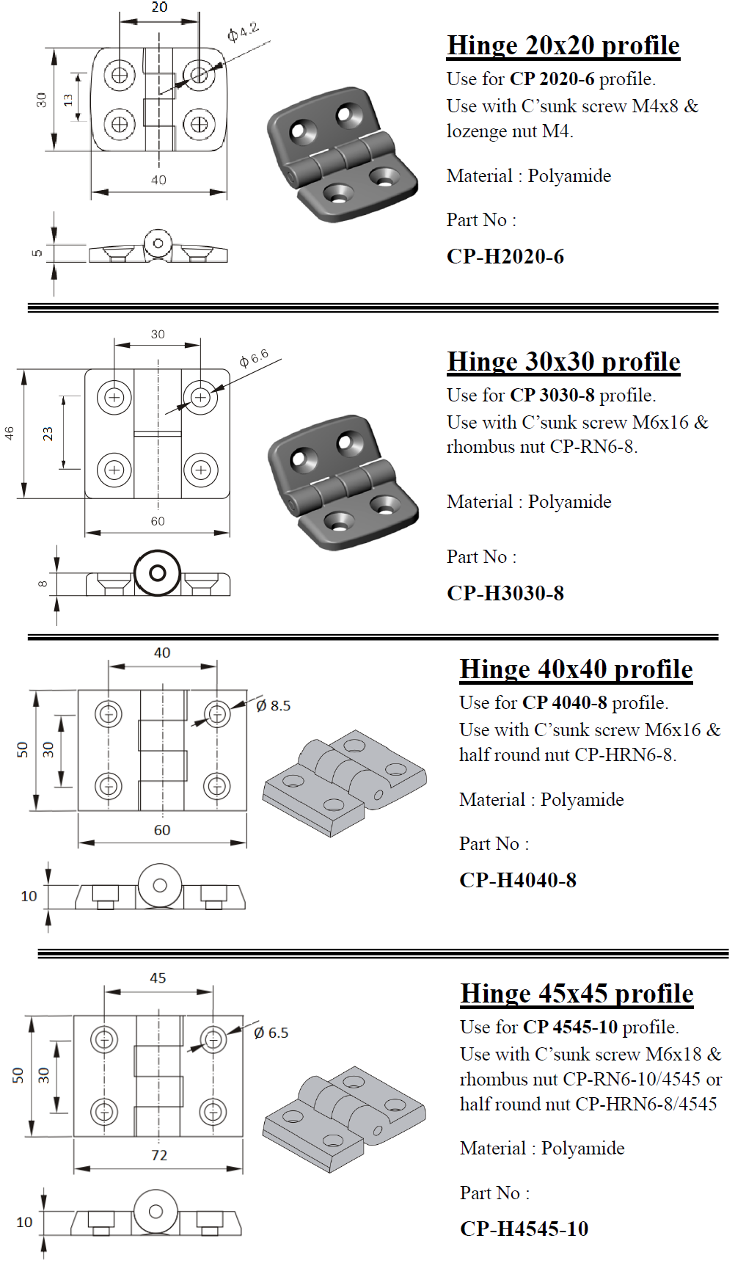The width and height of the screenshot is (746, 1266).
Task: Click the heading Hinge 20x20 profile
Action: pyautogui.click(x=563, y=46)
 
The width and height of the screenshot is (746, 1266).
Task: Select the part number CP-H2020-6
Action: pyautogui.click(x=505, y=256)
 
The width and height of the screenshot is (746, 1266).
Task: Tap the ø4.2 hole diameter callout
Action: pyautogui.click(x=243, y=32)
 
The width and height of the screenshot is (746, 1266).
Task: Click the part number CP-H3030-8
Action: pyautogui.click(x=505, y=593)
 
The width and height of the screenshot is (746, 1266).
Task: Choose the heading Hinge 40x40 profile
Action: pyautogui.click(x=576, y=669)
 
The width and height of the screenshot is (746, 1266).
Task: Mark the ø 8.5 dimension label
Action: pyautogui.click(x=274, y=706)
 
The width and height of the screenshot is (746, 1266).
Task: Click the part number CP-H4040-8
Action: pyautogui.click(x=518, y=880)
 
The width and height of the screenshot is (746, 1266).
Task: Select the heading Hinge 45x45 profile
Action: pyautogui.click(x=577, y=994)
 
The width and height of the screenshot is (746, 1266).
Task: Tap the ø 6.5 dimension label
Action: pyautogui.click(x=271, y=1033)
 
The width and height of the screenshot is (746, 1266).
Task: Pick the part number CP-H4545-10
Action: pyautogui.click(x=524, y=1229)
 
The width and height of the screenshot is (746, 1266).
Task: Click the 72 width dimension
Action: pyautogui.click(x=159, y=1155)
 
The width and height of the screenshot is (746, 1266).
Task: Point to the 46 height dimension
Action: pyautogui.click(x=10, y=433)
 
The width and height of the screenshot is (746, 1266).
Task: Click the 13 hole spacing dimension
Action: pyautogui.click(x=68, y=100)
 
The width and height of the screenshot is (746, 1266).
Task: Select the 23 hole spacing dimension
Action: pyautogui.click(x=48, y=434)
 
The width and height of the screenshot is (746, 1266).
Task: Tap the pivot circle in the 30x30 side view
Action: pyautogui.click(x=157, y=572)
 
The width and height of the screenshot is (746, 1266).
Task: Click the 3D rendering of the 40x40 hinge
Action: pyautogui.click(x=344, y=781)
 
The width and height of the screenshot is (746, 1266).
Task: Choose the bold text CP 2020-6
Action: pyautogui.click(x=552, y=79)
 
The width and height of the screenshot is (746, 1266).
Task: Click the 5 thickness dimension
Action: pyautogui.click(x=37, y=253)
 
